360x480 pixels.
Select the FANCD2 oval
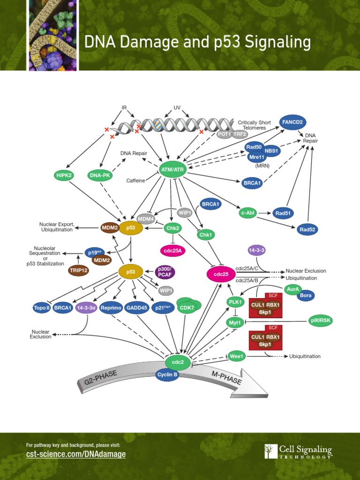tap(292, 122)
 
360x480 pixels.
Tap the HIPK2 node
tap(65, 175)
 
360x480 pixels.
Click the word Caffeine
tap(135, 180)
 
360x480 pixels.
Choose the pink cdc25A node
tap(173, 251)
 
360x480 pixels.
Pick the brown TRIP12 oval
tap(78, 270)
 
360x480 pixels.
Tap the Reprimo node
tap(111, 308)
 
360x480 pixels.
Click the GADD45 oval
tap(136, 308)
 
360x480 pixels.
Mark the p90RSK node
tap(321, 321)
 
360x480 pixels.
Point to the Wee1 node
tap(237, 356)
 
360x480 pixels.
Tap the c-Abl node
tap(247, 213)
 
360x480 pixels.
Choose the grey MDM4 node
tap(146, 218)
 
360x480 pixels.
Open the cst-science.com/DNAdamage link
tap(76, 454)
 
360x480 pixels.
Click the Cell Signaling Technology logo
tap(298, 452)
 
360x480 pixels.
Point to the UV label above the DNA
tap(177, 108)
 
